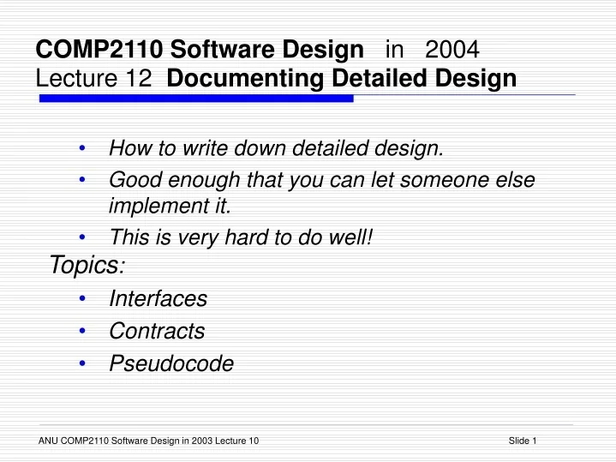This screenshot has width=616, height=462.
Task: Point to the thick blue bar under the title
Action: point(196,99)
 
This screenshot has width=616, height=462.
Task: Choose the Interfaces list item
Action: point(158,298)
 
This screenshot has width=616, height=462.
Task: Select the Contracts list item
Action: point(157,331)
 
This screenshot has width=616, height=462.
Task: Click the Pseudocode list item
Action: point(171,363)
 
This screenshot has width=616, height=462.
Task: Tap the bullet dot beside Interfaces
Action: point(81,298)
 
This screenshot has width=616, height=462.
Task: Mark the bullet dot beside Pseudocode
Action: point(81,363)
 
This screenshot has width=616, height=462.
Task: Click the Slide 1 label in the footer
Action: point(522,441)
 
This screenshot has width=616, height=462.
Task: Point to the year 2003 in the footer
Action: point(200,441)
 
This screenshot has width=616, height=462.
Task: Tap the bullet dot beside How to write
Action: point(81,149)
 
